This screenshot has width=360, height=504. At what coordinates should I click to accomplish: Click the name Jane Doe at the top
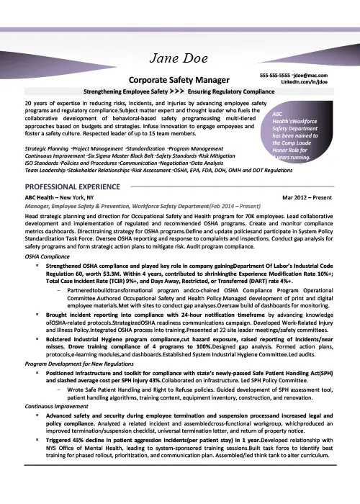[x=179, y=59]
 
